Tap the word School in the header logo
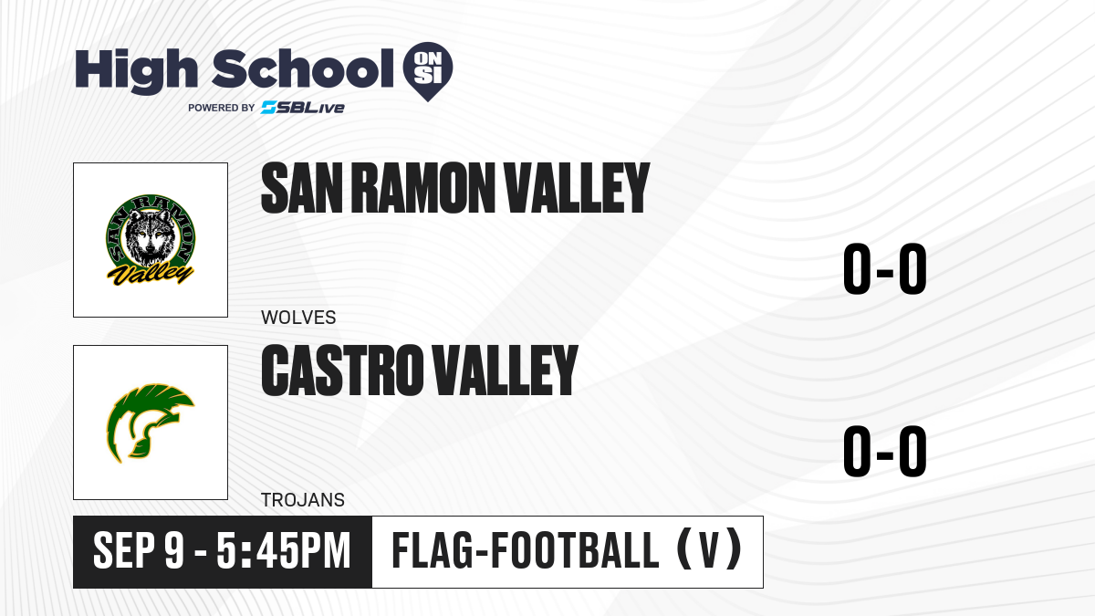(303, 68)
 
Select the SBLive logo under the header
(303, 108)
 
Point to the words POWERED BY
(222, 108)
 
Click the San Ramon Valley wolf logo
(151, 240)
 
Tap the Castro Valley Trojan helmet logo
(150, 423)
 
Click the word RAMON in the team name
(422, 188)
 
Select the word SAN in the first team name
(302, 188)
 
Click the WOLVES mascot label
(298, 318)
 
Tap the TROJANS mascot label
(303, 500)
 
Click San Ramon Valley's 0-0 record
(885, 269)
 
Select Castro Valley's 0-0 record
(885, 451)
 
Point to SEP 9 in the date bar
(139, 551)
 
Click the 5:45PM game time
(284, 551)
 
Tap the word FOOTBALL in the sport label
(575, 550)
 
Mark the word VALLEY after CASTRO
(506, 371)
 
